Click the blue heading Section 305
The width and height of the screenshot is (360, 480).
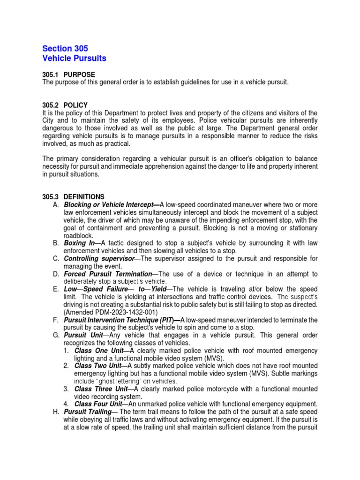pyautogui.click(x=65, y=49)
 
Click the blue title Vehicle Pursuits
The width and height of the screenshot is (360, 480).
pyautogui.click(x=74, y=59)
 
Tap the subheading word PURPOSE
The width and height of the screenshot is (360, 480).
pyautogui.click(x=79, y=75)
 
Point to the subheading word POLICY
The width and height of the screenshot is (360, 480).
pyautogui.click(x=75, y=105)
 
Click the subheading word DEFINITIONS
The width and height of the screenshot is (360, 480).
pyautogui.click(x=84, y=197)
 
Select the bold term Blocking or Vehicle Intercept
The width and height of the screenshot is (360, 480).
pyautogui.click(x=111, y=205)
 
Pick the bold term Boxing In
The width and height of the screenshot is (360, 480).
pyautogui.click(x=79, y=243)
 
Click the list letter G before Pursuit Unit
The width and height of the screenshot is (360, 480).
pyautogui.click(x=56, y=335)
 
